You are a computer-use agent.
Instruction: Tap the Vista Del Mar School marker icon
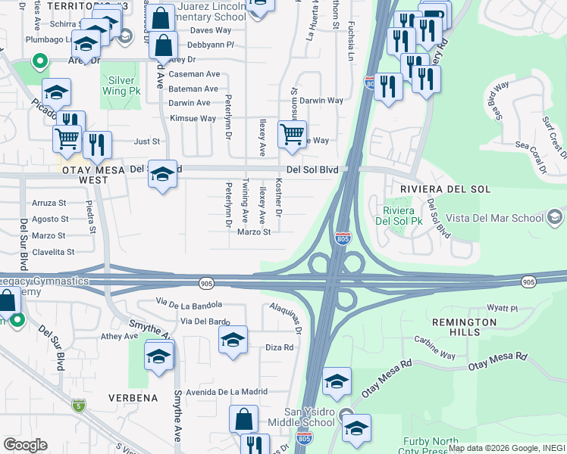coord(556,219)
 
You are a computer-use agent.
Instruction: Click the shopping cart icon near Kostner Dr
coord(292,135)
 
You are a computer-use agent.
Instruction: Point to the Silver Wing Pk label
coord(121,86)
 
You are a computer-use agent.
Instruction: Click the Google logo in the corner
coord(25,444)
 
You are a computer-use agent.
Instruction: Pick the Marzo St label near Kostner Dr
coord(254,232)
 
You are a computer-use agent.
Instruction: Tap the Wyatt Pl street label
coord(502,309)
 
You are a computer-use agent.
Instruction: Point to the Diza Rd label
coord(279,347)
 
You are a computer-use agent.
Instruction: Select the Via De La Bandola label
coord(189,303)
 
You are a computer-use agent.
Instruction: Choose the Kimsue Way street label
coord(193,118)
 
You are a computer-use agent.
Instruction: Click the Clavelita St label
coord(53,252)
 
